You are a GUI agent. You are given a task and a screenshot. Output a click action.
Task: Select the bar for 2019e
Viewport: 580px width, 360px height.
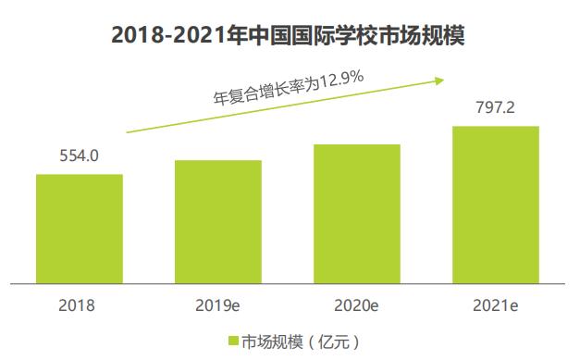(218, 221)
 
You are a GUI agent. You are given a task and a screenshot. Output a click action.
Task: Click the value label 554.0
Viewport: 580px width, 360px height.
(80, 155)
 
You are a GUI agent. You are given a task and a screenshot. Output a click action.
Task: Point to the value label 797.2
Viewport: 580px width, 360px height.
(495, 106)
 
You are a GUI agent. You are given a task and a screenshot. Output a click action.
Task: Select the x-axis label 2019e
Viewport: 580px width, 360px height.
(218, 303)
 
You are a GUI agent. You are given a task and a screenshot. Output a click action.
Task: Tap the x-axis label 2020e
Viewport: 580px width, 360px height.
(357, 303)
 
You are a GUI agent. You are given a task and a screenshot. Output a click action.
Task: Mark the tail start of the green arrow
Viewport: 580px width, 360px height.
(128, 132)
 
